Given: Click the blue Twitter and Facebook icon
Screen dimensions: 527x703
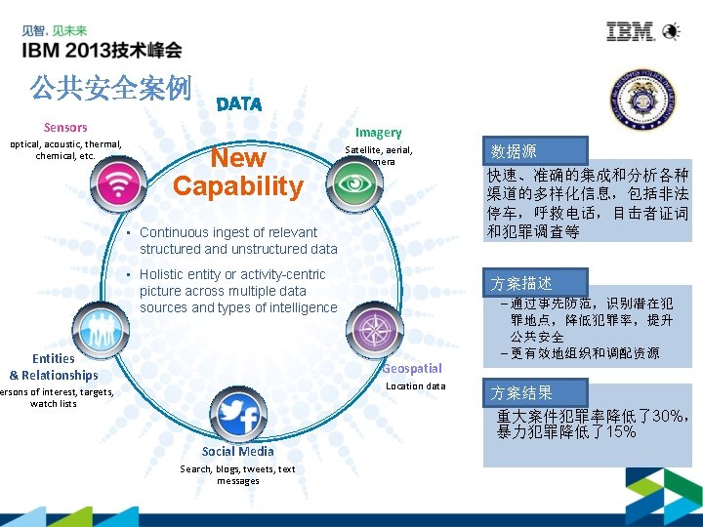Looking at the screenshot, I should point(238,417).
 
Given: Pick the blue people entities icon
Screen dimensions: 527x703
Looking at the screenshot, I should point(95,325).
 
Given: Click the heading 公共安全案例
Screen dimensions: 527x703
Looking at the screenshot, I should point(110,89).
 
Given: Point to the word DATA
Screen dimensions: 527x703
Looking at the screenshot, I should point(239,103).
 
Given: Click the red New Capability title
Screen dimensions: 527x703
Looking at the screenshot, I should point(238,172).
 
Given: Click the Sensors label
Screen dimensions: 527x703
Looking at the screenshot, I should point(65,128).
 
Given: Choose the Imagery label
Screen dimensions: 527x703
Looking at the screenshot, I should point(378,132).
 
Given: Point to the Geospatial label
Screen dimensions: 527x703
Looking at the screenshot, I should point(411,368).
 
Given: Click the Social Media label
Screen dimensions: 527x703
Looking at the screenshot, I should point(237,451).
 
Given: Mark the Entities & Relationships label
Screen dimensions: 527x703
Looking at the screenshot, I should point(54,367).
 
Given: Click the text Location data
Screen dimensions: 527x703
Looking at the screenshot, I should point(415,386).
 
